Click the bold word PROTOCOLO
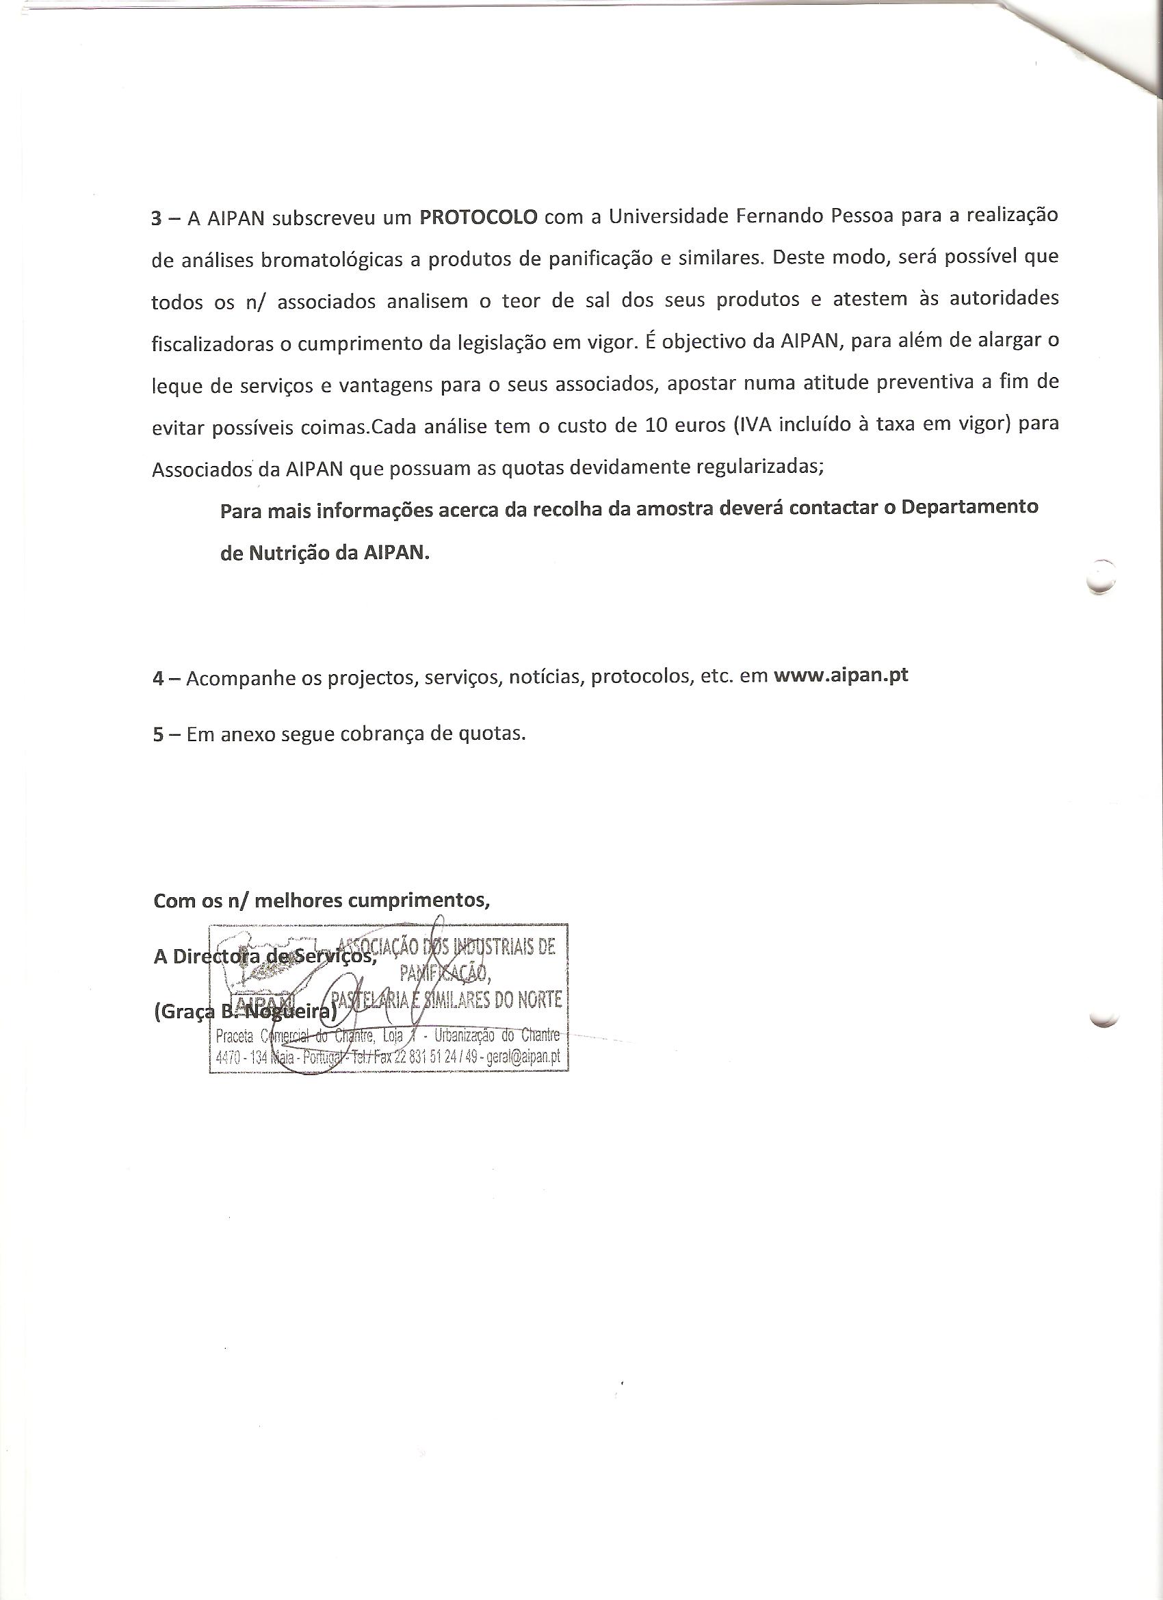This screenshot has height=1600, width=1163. click(478, 216)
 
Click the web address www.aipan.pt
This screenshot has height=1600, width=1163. click(841, 675)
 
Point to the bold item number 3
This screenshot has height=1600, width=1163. click(157, 218)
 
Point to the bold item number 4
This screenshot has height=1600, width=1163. click(158, 678)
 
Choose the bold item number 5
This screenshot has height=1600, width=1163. click(158, 734)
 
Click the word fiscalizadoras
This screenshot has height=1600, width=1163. click(211, 344)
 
